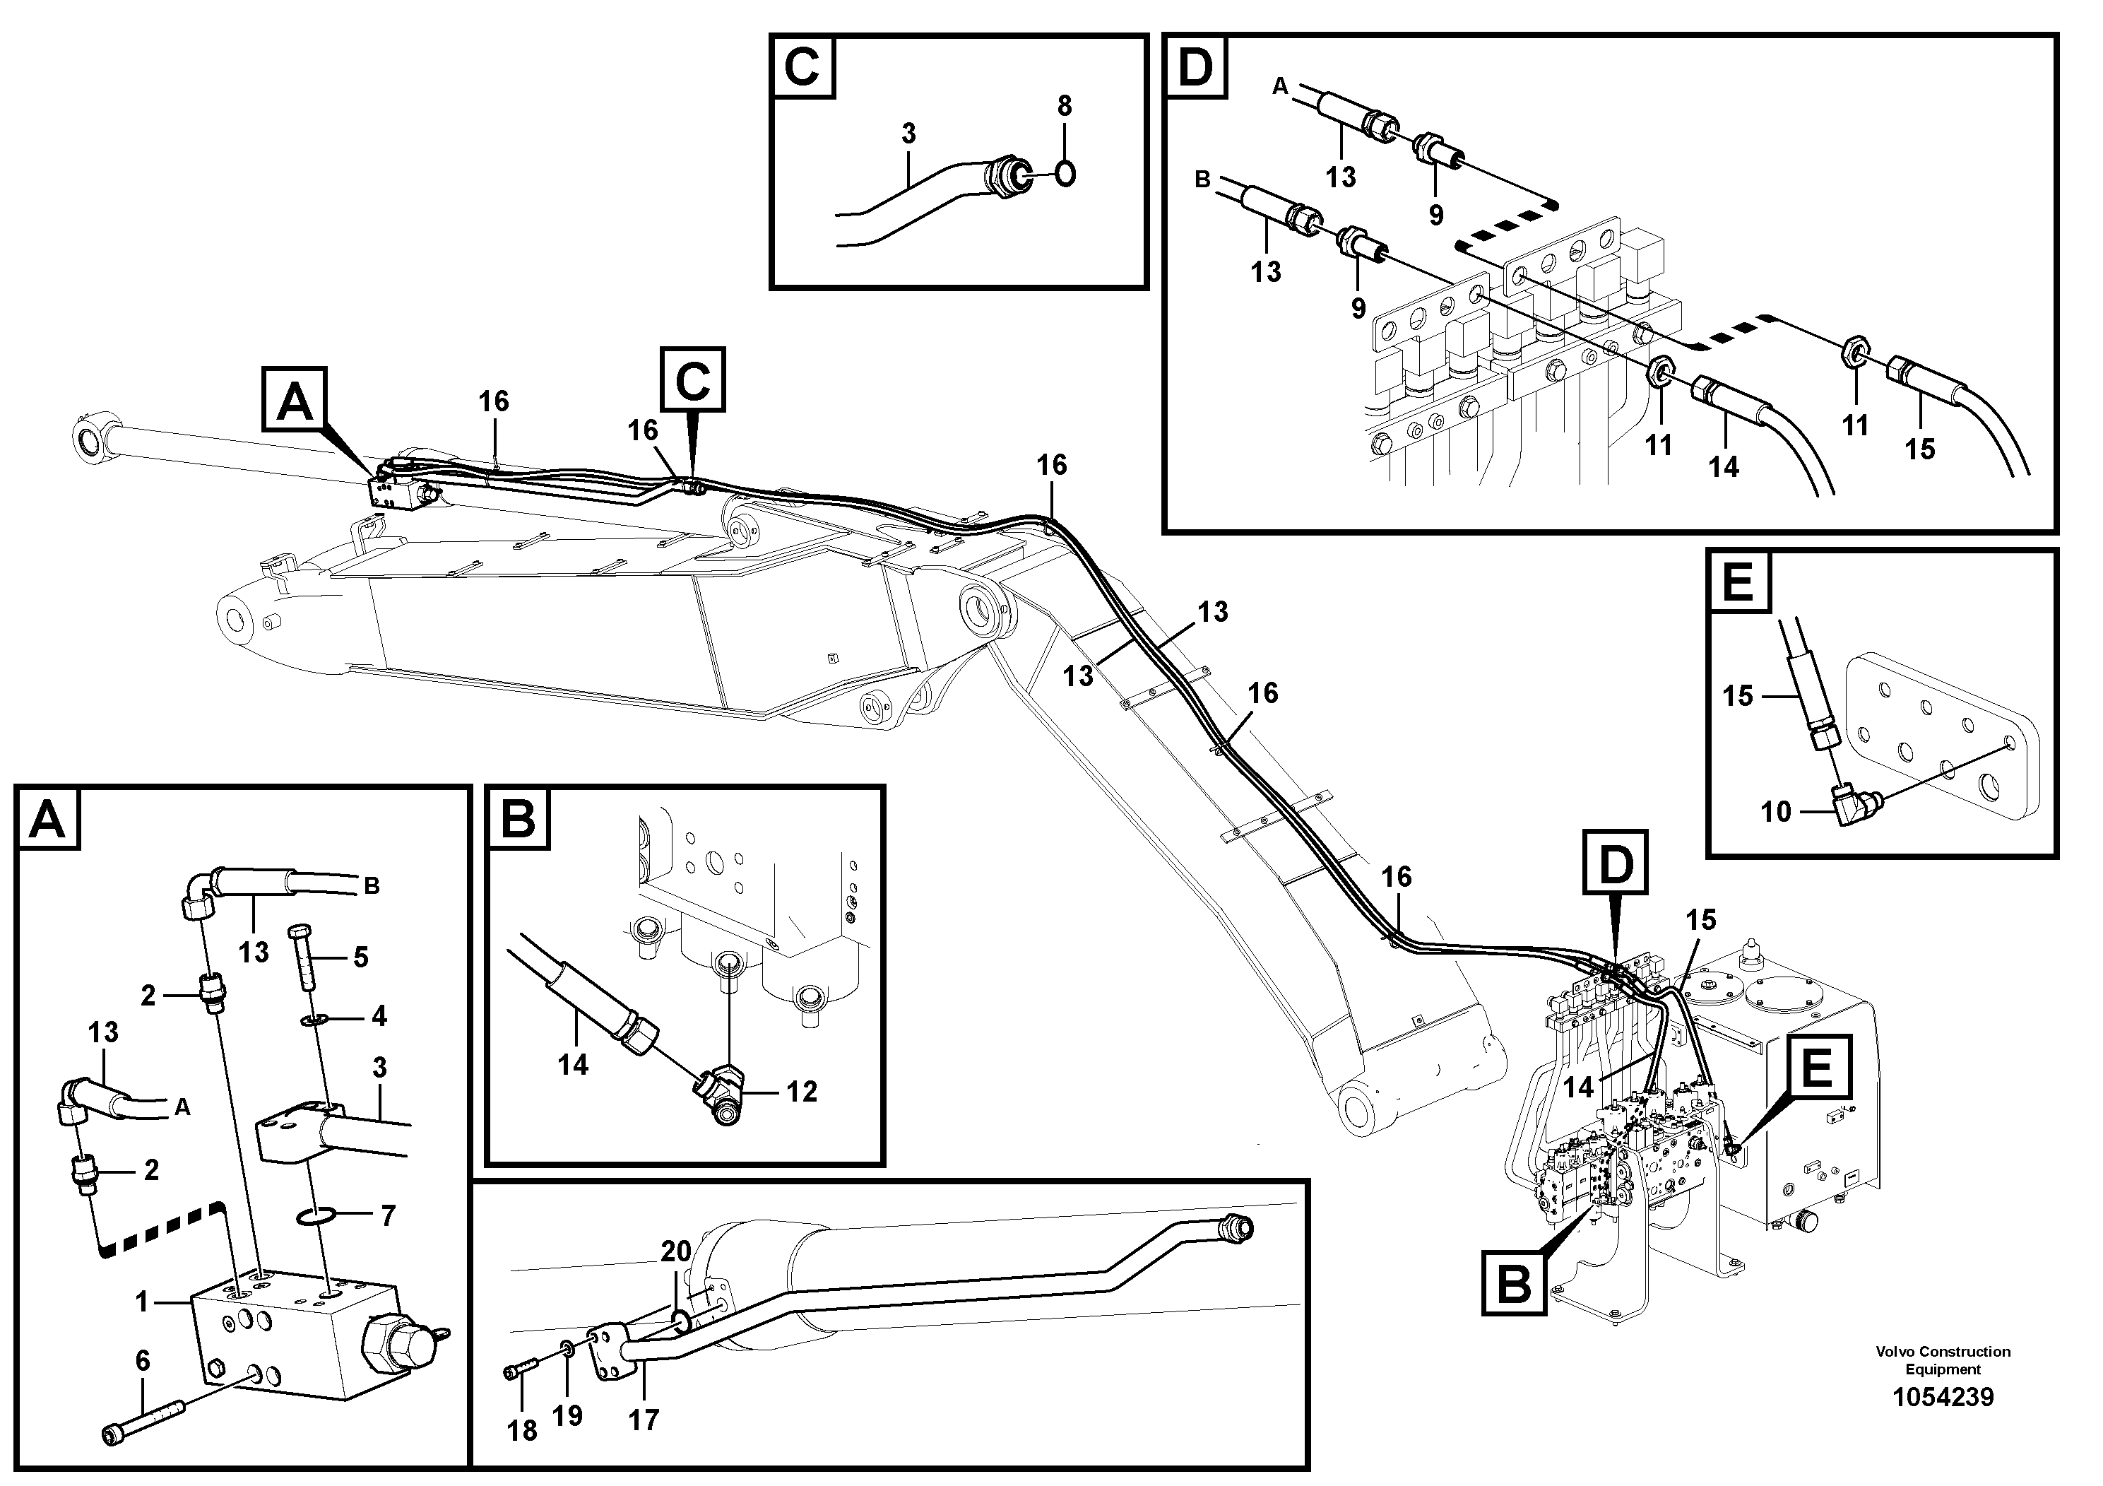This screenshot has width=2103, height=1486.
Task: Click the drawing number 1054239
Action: (x=1943, y=1397)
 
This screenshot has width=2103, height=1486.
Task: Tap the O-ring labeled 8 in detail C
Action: (x=1065, y=172)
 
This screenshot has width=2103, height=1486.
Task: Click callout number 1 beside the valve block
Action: (x=142, y=1301)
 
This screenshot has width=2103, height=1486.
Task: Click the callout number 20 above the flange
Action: (x=676, y=1251)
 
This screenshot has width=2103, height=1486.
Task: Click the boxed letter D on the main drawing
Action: (x=1616, y=863)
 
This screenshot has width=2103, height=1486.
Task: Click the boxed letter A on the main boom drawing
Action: (x=295, y=399)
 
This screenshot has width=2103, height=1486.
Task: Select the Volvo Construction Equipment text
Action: (x=1943, y=1360)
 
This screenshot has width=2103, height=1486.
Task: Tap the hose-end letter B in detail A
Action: (x=371, y=886)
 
